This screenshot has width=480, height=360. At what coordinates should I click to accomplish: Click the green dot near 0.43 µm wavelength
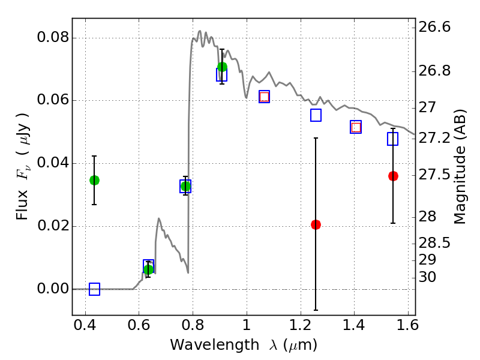click(x=94, y=181)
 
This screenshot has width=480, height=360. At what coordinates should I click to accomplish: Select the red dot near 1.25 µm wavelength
click(x=316, y=224)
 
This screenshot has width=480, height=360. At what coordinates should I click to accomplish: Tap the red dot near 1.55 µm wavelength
click(x=393, y=176)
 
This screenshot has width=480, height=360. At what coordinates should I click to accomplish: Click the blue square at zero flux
click(x=94, y=289)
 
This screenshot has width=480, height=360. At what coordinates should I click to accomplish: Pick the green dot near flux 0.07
click(x=222, y=67)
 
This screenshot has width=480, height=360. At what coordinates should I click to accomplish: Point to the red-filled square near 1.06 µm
click(x=264, y=97)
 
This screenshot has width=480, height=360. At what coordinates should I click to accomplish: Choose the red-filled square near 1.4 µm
click(x=356, y=127)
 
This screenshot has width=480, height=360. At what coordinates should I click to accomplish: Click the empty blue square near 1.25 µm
click(x=316, y=115)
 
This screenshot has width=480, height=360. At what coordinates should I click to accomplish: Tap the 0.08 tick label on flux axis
click(x=53, y=38)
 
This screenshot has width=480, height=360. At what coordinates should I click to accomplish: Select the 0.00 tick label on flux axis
click(x=53, y=289)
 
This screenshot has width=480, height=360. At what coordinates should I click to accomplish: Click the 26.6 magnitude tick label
click(x=434, y=27)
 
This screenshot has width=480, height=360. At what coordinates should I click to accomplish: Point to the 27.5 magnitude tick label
click(x=434, y=175)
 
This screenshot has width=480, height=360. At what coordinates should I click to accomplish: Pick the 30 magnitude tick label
click(x=427, y=277)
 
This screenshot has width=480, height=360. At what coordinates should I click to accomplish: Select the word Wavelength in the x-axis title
click(x=215, y=344)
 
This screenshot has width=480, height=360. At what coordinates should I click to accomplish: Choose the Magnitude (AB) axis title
click(x=459, y=167)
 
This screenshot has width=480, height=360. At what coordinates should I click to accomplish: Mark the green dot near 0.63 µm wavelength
click(x=148, y=269)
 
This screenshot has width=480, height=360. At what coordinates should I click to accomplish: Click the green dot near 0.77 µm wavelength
click(x=185, y=186)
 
